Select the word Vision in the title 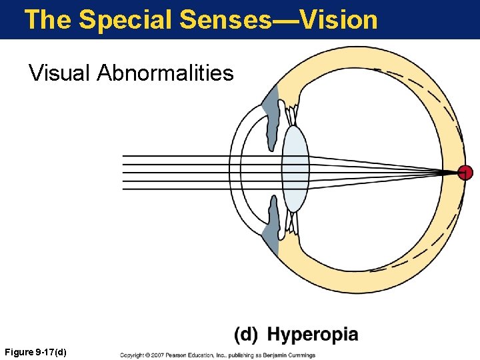339,19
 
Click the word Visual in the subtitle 60,72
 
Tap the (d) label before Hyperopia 246,334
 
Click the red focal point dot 465,173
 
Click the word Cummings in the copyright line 300,355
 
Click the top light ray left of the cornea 173,156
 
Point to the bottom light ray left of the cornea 173,188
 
